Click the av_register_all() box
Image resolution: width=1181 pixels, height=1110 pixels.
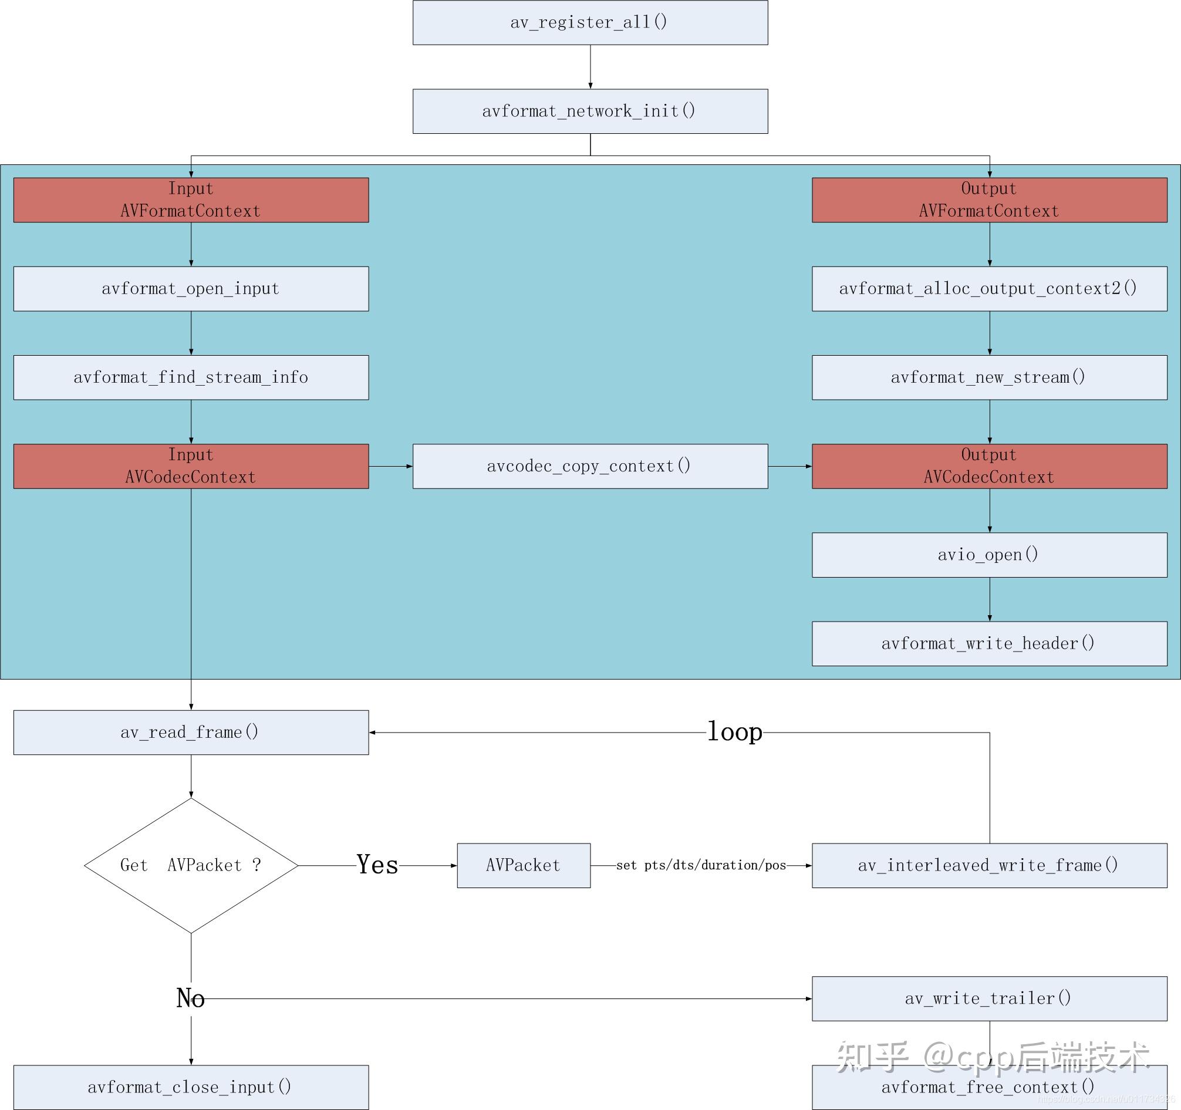(590, 22)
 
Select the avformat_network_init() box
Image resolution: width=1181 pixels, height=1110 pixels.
(590, 111)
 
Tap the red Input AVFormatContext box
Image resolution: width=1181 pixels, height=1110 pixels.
(191, 200)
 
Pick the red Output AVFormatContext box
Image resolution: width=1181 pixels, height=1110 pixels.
(989, 200)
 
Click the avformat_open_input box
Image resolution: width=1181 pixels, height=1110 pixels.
(191, 289)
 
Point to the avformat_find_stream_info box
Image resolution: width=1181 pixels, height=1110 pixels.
(191, 377)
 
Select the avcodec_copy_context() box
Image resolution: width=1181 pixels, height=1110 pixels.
(590, 466)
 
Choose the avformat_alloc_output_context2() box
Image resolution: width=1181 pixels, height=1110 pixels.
(989, 289)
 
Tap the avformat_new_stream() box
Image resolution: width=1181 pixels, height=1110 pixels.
(989, 377)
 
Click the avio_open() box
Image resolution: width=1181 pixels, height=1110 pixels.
(989, 554)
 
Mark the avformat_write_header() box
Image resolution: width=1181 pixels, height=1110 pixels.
(989, 643)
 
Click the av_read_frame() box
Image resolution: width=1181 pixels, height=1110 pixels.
(191, 732)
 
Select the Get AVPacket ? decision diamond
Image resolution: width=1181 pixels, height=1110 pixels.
(191, 865)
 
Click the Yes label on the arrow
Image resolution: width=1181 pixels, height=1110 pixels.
(377, 865)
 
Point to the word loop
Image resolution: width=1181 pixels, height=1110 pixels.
(734, 731)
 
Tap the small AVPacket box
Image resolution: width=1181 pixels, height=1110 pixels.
(524, 865)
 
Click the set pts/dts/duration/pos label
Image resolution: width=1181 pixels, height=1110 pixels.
(701, 865)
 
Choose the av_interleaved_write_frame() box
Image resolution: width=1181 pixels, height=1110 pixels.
(989, 865)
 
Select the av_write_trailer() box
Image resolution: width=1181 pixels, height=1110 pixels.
(989, 998)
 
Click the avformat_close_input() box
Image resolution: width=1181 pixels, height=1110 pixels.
(191, 1087)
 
